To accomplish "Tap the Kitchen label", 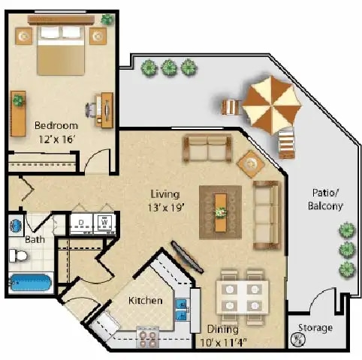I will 145,301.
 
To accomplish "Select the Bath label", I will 34,241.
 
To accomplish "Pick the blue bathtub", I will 29,283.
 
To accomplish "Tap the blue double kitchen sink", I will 181,308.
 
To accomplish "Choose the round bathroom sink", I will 15,225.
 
